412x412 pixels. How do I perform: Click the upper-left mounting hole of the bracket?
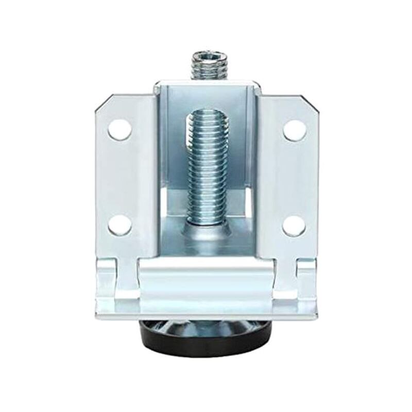tap(118, 129)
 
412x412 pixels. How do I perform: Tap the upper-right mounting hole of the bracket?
tap(293, 129)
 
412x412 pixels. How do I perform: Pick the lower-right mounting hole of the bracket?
tap(294, 225)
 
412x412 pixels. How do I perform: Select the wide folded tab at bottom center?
tap(206, 281)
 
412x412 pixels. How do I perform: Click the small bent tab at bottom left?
tap(110, 278)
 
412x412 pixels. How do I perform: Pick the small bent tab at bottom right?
tap(304, 278)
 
